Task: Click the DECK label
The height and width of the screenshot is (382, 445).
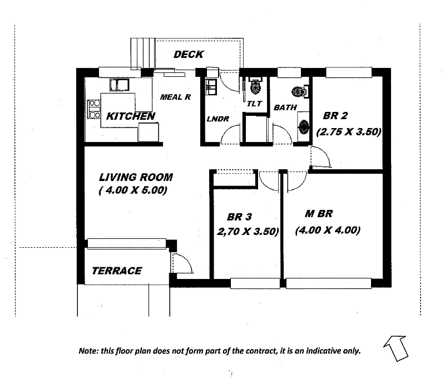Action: [189, 55]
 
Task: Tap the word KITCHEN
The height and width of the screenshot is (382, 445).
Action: [130, 116]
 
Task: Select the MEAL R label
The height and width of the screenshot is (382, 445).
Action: [175, 97]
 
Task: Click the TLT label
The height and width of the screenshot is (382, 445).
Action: [254, 104]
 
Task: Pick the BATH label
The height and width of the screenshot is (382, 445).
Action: [285, 107]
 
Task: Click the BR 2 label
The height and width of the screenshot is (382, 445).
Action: [335, 116]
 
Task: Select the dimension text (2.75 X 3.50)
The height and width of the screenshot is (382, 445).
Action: [348, 133]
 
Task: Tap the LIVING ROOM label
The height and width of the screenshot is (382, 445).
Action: [136, 178]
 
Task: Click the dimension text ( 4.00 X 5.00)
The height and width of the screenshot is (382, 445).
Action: [133, 191]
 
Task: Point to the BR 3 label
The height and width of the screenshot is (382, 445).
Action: [240, 217]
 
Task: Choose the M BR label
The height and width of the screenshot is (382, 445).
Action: [319, 214]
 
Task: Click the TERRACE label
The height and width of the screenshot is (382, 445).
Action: [117, 271]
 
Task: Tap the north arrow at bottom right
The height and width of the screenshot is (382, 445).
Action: [396, 347]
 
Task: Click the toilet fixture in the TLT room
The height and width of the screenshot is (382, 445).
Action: [255, 87]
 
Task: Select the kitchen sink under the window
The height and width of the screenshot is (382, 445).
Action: [120, 85]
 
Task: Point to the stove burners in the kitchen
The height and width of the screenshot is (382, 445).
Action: [92, 108]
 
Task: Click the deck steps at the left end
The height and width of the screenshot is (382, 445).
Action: [142, 53]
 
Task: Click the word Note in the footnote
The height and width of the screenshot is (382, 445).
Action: [88, 351]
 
